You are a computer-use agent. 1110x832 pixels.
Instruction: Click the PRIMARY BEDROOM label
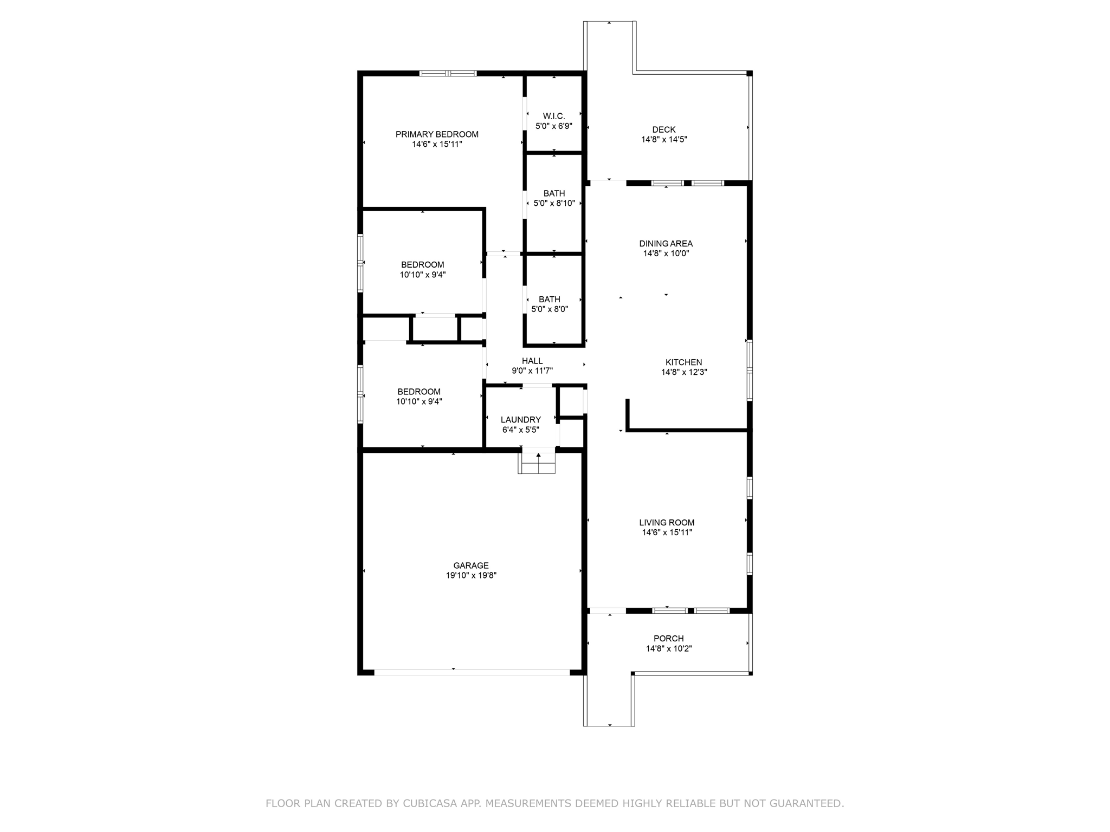tap(437, 134)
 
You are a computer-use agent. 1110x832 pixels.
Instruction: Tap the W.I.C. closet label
tap(554, 116)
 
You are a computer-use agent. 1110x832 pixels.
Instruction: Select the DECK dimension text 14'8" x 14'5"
tap(664, 139)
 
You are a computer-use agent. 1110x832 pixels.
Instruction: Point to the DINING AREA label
tap(666, 244)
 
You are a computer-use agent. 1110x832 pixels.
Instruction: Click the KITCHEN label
tap(683, 362)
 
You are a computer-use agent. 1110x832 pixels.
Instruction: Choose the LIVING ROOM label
tap(667, 523)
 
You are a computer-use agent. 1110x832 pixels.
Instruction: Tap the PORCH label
tap(668, 639)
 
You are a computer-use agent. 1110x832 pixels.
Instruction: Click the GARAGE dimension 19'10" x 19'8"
tap(471, 575)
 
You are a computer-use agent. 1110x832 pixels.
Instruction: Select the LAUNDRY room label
tap(520, 420)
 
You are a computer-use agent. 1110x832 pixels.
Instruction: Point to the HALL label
tap(532, 361)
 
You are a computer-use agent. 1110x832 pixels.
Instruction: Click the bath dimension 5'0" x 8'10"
tap(554, 203)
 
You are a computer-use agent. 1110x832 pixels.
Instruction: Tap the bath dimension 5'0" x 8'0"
tap(550, 309)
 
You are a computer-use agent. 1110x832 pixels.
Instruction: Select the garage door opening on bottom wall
tap(472, 672)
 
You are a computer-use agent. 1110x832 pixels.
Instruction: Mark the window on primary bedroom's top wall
tap(448, 73)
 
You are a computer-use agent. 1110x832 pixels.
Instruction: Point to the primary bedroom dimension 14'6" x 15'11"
tap(437, 144)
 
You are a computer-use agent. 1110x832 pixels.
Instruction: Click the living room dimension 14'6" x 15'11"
tap(667, 532)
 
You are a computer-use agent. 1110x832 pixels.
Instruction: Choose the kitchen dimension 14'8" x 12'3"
tap(683, 372)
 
